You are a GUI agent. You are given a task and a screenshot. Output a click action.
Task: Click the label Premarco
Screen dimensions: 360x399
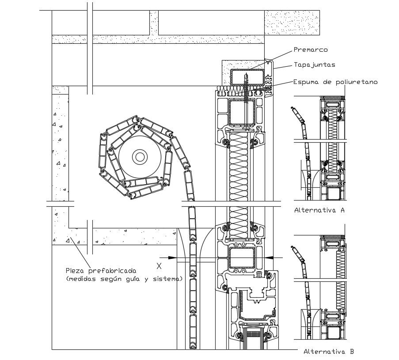[310, 49]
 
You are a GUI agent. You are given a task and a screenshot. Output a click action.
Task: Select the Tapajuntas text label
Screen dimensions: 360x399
[314, 64]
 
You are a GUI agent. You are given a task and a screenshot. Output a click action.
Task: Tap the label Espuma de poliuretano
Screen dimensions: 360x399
[335, 82]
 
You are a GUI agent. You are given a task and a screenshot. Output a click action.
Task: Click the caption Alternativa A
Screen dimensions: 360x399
[319, 210]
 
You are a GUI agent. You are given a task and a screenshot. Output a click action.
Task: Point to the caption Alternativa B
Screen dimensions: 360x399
[328, 352]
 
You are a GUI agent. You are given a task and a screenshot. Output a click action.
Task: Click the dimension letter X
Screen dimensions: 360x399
[159, 265]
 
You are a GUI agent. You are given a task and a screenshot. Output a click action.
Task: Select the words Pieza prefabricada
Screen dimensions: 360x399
[101, 270]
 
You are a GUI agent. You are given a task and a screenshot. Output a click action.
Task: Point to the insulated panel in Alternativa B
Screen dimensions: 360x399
[340, 280]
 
